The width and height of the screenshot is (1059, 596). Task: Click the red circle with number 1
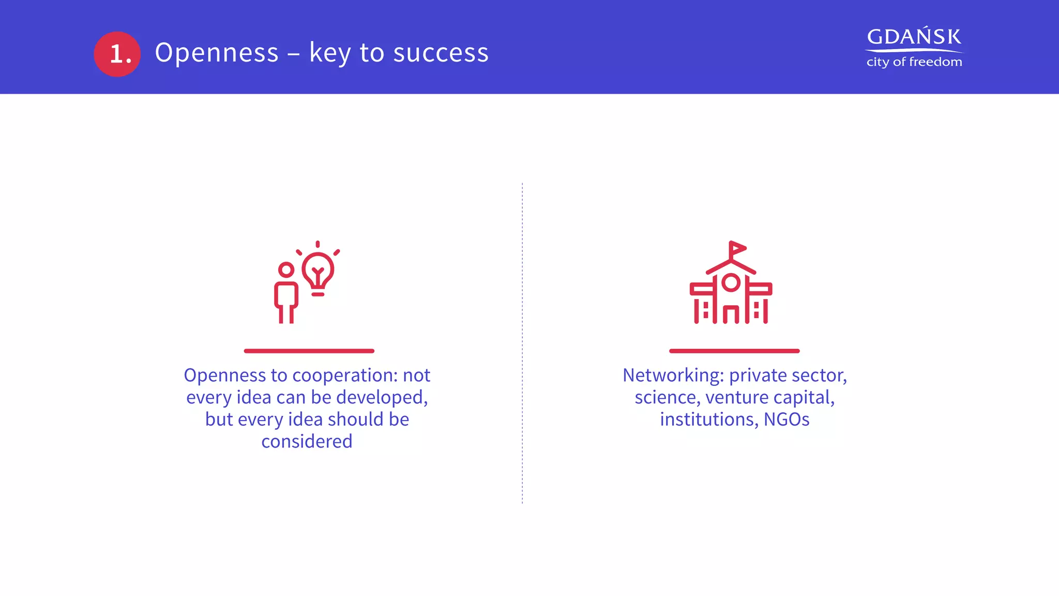pos(117,54)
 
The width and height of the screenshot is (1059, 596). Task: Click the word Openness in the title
pos(217,53)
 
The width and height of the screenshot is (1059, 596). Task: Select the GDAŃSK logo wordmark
pos(914,37)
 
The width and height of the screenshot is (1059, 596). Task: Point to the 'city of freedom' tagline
pos(914,62)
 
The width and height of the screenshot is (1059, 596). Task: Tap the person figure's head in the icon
pos(286,270)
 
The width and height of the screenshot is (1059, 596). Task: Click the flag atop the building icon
pos(737,249)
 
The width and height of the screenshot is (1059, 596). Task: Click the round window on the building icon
pos(731,282)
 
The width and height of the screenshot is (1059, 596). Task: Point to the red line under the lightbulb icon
pos(309,351)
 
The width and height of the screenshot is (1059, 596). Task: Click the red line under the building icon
pos(734,351)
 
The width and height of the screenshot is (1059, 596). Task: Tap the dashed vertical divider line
pos(522,341)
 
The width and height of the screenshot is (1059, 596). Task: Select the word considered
pos(307,441)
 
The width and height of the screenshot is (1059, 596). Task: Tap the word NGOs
pos(786,419)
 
